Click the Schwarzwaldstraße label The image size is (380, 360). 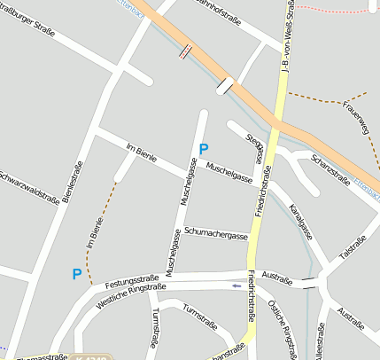[x=29, y=187]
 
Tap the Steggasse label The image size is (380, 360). [x=255, y=145]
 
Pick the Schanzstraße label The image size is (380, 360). [x=330, y=165]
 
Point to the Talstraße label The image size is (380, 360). [x=353, y=247]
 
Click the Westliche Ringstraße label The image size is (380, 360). [x=131, y=294]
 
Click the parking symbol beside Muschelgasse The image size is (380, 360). [x=203, y=149]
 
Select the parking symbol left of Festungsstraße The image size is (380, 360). [x=76, y=275]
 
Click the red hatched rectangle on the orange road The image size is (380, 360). [x=183, y=51]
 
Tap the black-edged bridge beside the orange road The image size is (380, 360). [x=226, y=87]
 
